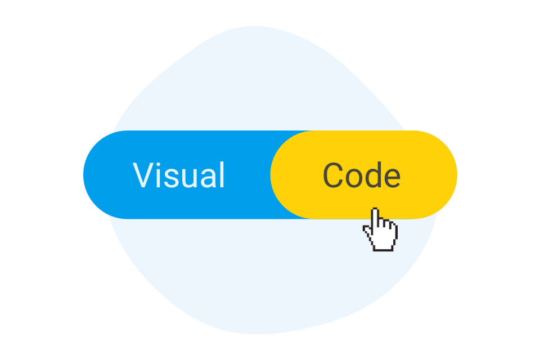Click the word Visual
(179, 175)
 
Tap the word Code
(362, 175)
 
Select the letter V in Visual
(144, 175)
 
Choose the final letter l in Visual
(222, 175)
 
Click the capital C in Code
(334, 175)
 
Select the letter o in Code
(354, 178)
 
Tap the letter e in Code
(391, 178)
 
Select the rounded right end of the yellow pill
(448, 175)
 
